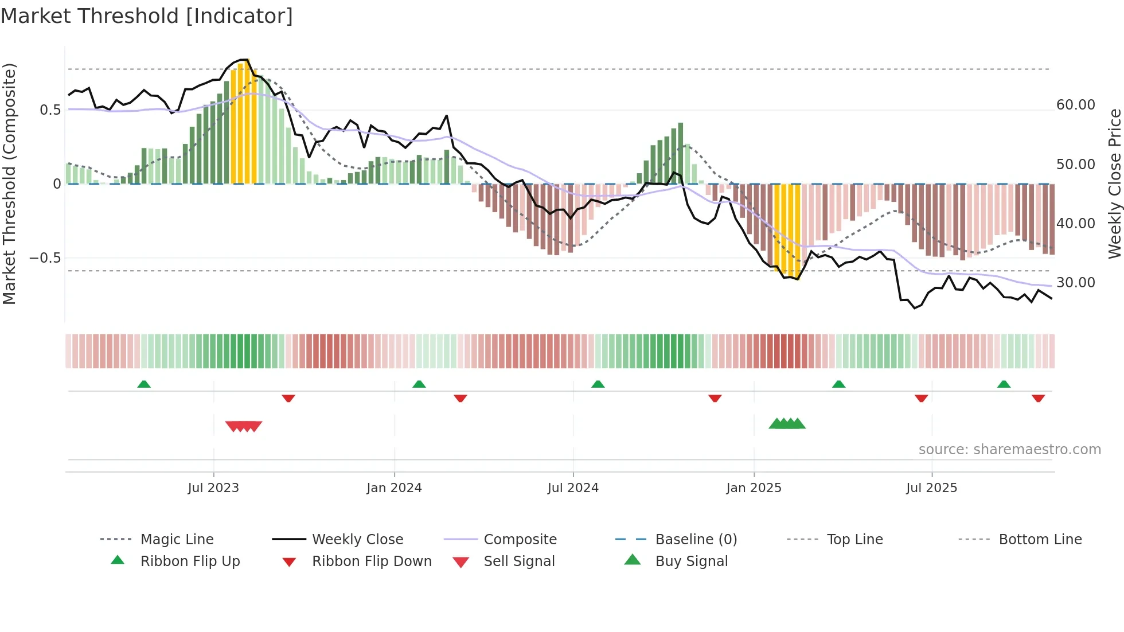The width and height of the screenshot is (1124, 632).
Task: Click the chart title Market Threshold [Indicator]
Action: [x=147, y=16]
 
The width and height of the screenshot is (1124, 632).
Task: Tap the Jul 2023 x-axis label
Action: [x=213, y=488]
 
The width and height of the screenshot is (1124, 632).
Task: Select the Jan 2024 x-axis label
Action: [x=394, y=488]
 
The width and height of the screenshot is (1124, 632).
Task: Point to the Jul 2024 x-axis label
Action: [x=573, y=488]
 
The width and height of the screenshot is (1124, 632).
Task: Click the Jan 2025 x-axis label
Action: [x=754, y=488]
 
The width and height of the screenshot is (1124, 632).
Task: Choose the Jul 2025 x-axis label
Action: [x=931, y=488]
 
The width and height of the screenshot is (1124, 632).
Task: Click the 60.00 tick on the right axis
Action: [x=1075, y=105]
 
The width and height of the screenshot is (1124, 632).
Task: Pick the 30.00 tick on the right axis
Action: [x=1075, y=283]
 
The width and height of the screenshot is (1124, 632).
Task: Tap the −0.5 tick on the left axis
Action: [x=45, y=258]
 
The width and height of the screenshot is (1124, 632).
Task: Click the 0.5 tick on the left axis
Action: [x=50, y=110]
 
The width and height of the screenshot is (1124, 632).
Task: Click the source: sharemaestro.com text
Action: [x=1009, y=450]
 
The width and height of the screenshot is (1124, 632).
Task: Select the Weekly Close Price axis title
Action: [x=1114, y=184]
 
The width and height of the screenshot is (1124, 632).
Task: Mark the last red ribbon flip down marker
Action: [x=1038, y=398]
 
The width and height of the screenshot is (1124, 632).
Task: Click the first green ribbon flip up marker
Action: [x=144, y=384]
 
